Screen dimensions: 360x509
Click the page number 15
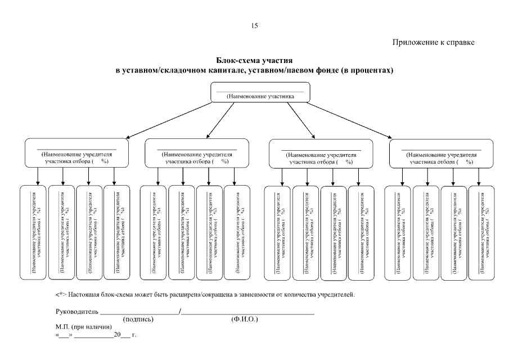pyautogui.click(x=254, y=25)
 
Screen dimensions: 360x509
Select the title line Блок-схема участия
pyautogui.click(x=254, y=60)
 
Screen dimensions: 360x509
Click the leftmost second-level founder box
pyautogui.click(x=76, y=154)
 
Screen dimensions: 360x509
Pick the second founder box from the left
pyautogui.click(x=197, y=154)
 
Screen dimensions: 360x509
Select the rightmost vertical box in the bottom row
pyautogui.click(x=482, y=232)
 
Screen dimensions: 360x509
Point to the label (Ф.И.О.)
pyautogui.click(x=244, y=319)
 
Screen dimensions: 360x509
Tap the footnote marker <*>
pyautogui.click(x=61, y=294)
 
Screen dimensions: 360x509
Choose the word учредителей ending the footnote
pyautogui.click(x=336, y=294)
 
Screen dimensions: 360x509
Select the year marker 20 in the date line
pyautogui.click(x=117, y=335)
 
